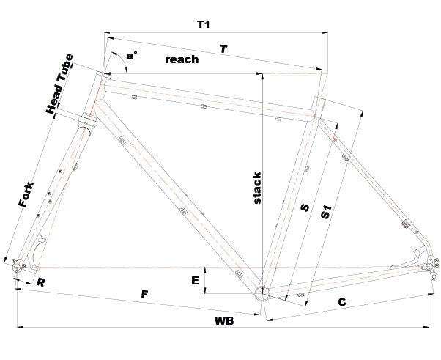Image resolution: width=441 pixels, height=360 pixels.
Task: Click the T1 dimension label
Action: click(204, 24)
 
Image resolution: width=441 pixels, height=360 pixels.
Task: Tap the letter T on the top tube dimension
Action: click(223, 48)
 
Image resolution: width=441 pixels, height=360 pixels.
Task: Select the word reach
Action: click(182, 59)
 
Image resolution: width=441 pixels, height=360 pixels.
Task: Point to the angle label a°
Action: click(131, 55)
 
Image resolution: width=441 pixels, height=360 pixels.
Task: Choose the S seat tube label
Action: click(305, 208)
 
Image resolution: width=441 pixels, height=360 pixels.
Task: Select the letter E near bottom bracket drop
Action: click(194, 279)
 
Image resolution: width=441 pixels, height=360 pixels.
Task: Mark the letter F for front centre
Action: click(145, 295)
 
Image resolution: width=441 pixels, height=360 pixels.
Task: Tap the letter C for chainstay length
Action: click(342, 301)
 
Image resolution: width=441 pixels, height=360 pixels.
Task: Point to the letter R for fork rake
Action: click(41, 281)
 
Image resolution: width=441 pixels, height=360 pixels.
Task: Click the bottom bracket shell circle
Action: click(262, 293)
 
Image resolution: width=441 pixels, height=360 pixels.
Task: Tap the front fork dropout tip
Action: click(18, 268)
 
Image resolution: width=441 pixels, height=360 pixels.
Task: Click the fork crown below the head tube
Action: click(86, 120)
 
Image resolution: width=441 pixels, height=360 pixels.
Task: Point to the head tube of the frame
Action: click(96, 92)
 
